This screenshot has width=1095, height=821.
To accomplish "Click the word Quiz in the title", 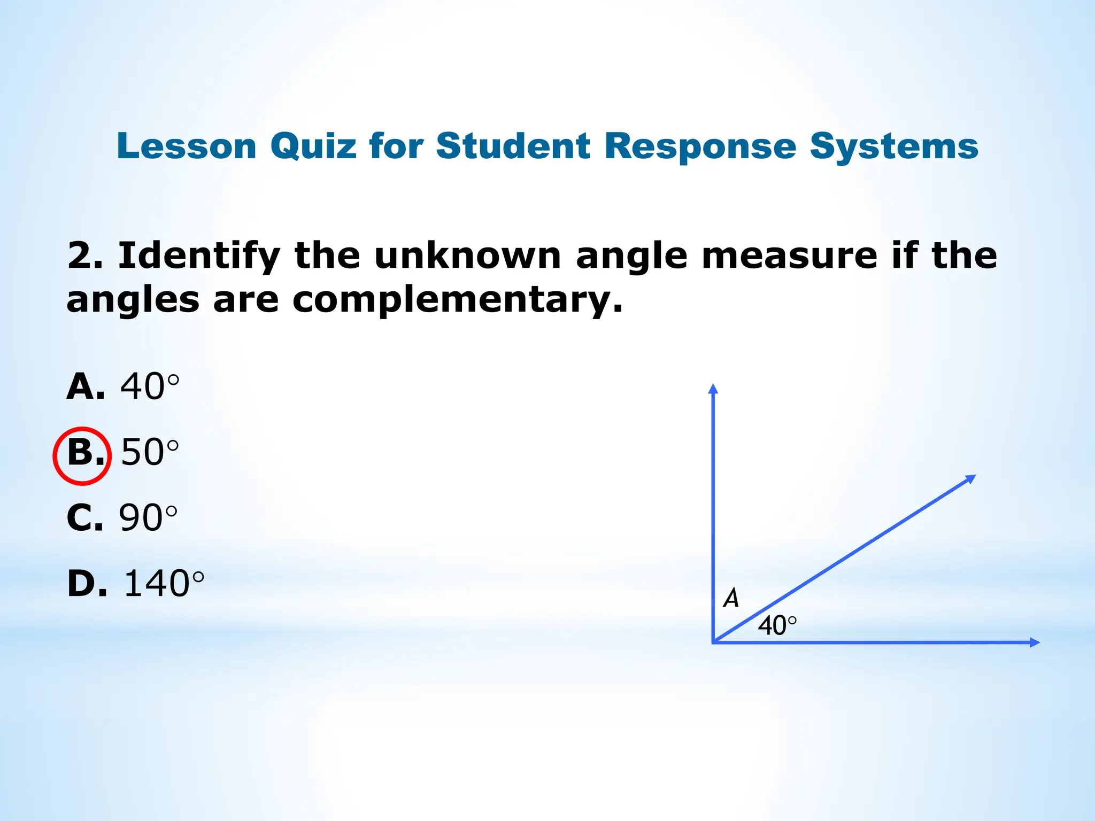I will pyautogui.click(x=313, y=146).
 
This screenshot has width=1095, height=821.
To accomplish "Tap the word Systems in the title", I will pyautogui.click(x=893, y=146).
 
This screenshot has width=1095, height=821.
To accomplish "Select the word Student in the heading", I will pyautogui.click(x=513, y=145).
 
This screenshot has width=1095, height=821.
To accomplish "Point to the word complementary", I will pyautogui.click(x=458, y=300).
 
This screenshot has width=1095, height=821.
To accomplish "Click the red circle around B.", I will pyautogui.click(x=82, y=456).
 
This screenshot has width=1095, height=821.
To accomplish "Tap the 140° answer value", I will pyautogui.click(x=164, y=583).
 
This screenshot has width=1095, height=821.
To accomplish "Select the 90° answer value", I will pyautogui.click(x=148, y=518).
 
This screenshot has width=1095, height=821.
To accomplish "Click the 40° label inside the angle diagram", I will pyautogui.click(x=777, y=625).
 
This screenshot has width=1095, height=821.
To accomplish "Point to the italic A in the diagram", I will pyautogui.click(x=731, y=598).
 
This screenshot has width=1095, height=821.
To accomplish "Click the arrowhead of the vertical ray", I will pyautogui.click(x=713, y=389).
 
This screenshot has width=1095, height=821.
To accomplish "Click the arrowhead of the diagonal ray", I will pyautogui.click(x=970, y=478).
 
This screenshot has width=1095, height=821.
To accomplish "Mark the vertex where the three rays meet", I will pyautogui.click(x=713, y=642).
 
